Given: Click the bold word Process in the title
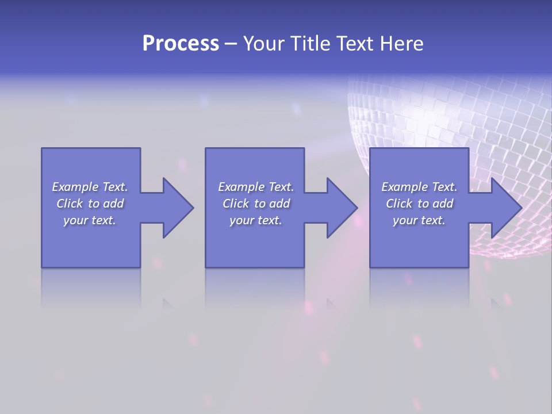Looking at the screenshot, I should coord(181,44).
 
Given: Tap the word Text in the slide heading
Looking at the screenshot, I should coord(354,44).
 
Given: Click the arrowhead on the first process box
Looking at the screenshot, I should coord(175,208).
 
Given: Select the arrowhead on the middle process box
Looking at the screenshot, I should coord(339,208).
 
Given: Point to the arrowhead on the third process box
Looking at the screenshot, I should coord(503,208).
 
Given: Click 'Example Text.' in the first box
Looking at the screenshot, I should coord(90,187).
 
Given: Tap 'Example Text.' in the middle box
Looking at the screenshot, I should coord(256,187).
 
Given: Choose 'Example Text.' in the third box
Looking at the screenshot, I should coord(419,187).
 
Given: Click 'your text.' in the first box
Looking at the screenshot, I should coord(90,220).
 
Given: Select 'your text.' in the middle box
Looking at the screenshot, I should coord(256,220).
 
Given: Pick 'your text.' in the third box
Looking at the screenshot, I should coord(419,220).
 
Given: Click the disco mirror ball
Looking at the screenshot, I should coord(460,132).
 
